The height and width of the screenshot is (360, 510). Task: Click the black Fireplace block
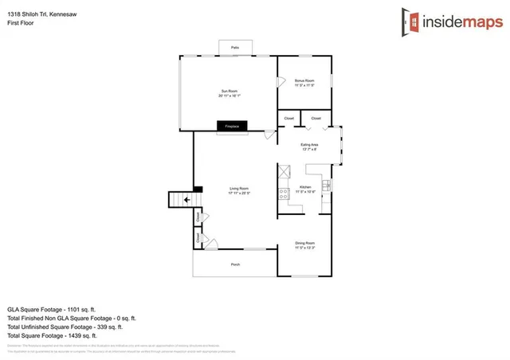click(233, 126)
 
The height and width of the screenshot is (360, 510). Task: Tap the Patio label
click(235, 49)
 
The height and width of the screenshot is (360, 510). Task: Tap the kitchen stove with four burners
click(282, 194)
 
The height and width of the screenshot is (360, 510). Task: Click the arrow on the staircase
click(186, 200)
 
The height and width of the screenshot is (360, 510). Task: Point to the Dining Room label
click(305, 244)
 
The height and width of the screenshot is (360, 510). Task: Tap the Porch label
click(235, 264)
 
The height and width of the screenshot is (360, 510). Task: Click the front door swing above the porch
click(210, 242)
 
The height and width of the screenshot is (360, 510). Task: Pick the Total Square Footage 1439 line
click(51, 335)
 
